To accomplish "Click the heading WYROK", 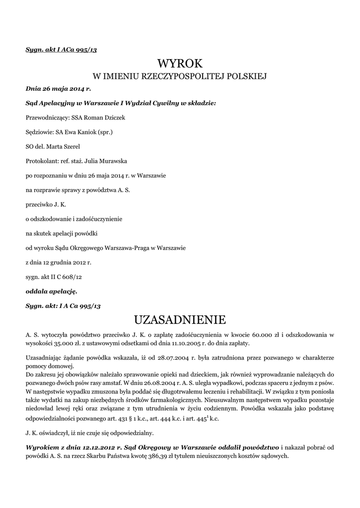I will click(180, 63).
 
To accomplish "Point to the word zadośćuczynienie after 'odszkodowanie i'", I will click(94, 218).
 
